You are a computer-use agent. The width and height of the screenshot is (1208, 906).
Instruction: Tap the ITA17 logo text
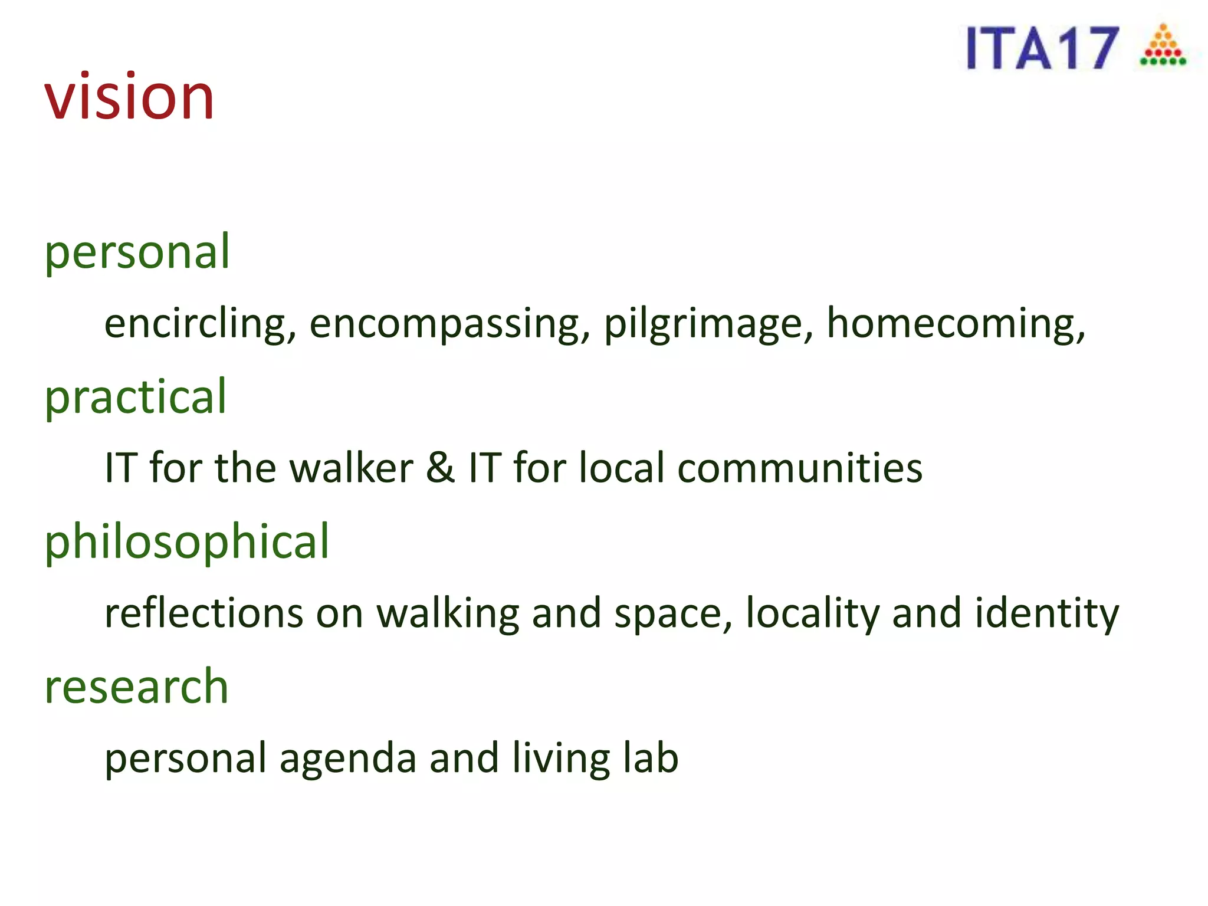[1042, 48]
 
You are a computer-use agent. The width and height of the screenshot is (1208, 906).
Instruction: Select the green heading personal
[137, 252]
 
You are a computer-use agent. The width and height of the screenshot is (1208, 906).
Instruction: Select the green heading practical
[136, 397]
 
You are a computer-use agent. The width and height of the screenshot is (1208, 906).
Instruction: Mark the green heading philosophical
[187, 542]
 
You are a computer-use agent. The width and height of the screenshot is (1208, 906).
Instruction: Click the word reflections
[204, 613]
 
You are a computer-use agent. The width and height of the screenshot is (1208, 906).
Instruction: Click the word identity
[1046, 613]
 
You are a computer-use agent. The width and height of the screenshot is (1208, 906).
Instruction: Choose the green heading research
[136, 687]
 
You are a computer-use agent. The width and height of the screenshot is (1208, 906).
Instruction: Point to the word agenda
[348, 759]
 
